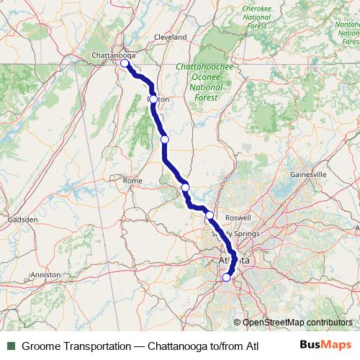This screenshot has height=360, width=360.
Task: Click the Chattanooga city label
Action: [x=110, y=55]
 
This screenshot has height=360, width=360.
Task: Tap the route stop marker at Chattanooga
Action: [x=125, y=63]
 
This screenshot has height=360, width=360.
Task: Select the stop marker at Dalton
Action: [x=153, y=99]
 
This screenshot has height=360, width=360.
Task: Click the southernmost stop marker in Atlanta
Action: [x=226, y=277]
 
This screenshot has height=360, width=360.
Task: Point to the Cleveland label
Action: [x=170, y=36]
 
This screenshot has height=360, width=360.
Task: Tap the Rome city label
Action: [x=132, y=181]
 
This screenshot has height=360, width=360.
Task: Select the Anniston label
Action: [x=46, y=274]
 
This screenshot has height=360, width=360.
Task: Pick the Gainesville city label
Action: [x=308, y=174]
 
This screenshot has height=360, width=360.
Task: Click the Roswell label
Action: [x=238, y=217]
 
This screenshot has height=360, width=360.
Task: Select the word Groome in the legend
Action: [x=42, y=346]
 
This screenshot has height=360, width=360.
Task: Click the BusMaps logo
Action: [x=324, y=345]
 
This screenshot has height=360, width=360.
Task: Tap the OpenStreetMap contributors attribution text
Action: [x=297, y=323]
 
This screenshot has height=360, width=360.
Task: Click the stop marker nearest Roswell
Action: [x=210, y=215]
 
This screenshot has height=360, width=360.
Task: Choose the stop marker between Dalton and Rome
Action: [x=165, y=139]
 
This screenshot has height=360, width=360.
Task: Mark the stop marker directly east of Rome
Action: [x=185, y=187]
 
